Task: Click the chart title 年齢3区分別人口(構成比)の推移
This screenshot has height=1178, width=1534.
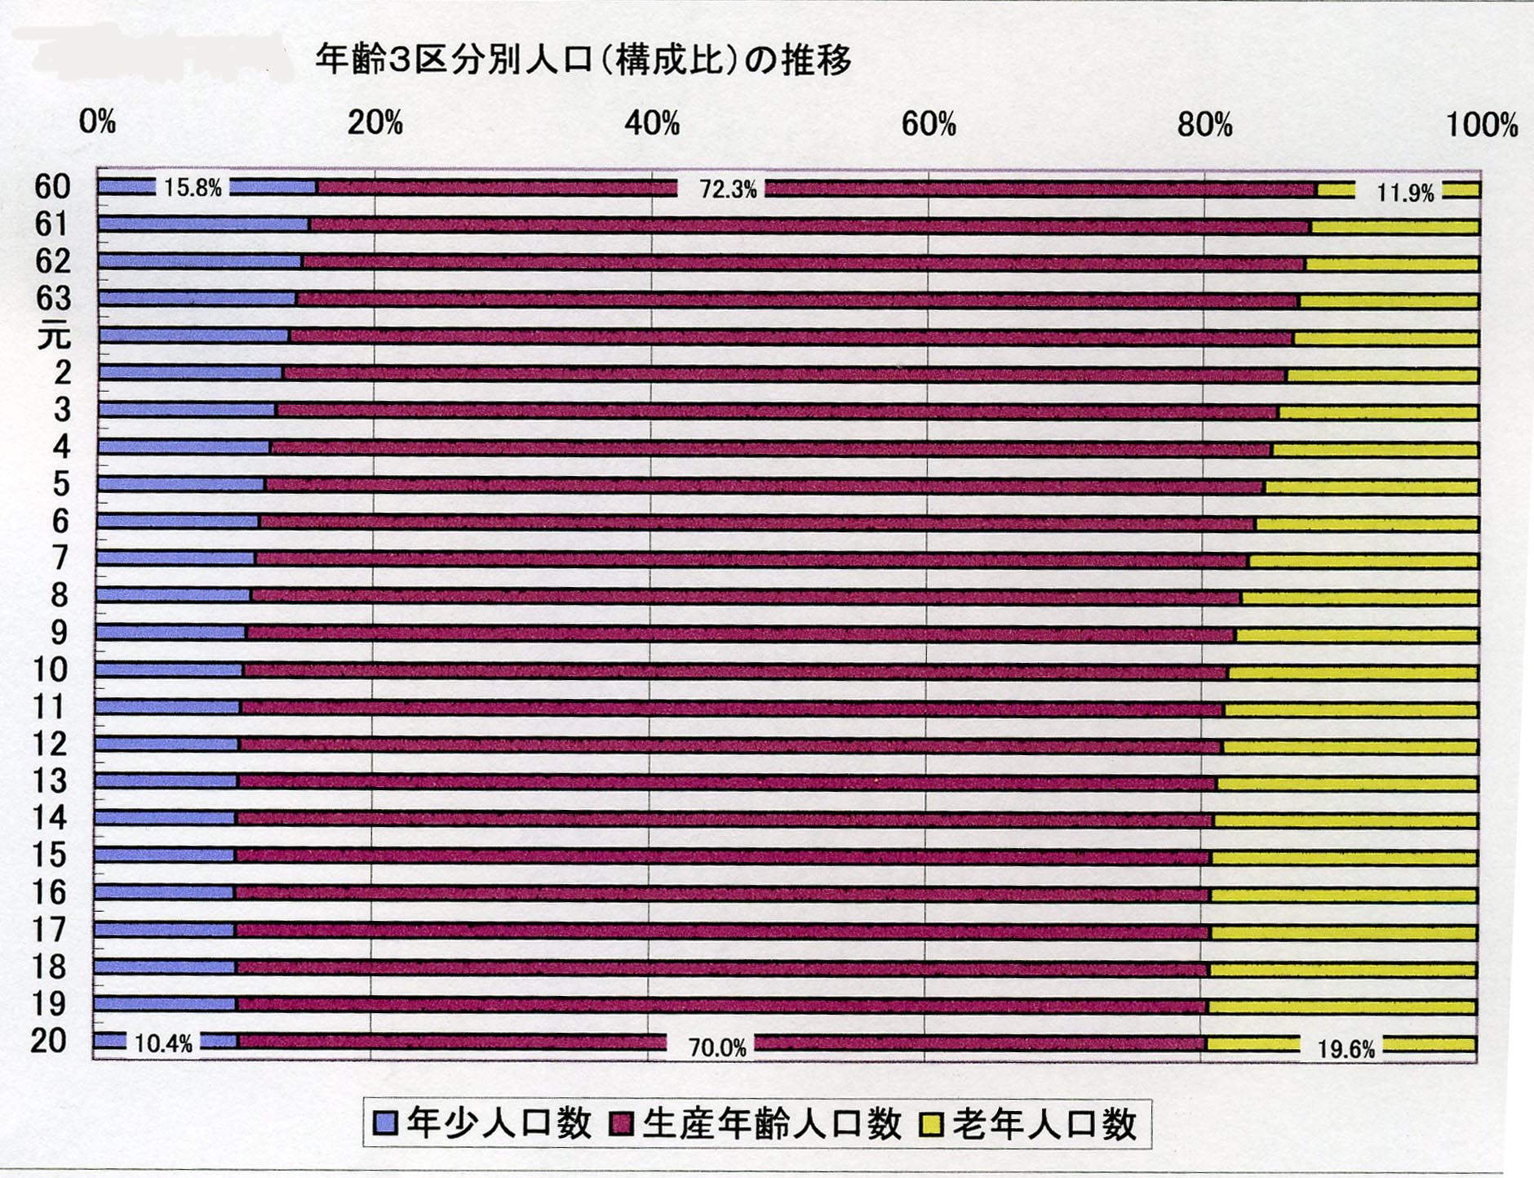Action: coord(583,60)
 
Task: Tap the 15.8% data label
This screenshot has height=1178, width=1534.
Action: coord(193,188)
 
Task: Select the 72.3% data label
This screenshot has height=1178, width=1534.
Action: coord(728,189)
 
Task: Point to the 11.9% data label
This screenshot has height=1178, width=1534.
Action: coord(1404,193)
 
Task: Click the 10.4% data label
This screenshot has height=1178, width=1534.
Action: coord(163,1043)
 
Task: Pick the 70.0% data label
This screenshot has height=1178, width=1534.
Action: coord(717,1047)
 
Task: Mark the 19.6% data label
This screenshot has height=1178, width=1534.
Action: coord(1346,1049)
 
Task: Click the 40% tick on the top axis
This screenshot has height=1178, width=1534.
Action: coord(652,124)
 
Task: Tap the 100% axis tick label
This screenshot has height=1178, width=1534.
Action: coord(1481,126)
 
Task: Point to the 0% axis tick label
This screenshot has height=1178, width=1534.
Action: coord(97,122)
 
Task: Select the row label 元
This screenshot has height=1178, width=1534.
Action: coord(54,336)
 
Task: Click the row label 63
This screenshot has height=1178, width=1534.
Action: coord(53,299)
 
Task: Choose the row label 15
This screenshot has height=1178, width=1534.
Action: coord(48,855)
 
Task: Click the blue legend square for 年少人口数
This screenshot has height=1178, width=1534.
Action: coord(384,1124)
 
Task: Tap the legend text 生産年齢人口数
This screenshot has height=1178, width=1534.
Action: coord(771,1124)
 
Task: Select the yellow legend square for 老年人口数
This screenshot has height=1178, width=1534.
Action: coord(931,1124)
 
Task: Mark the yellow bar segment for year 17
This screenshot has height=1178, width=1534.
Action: coord(1343,932)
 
